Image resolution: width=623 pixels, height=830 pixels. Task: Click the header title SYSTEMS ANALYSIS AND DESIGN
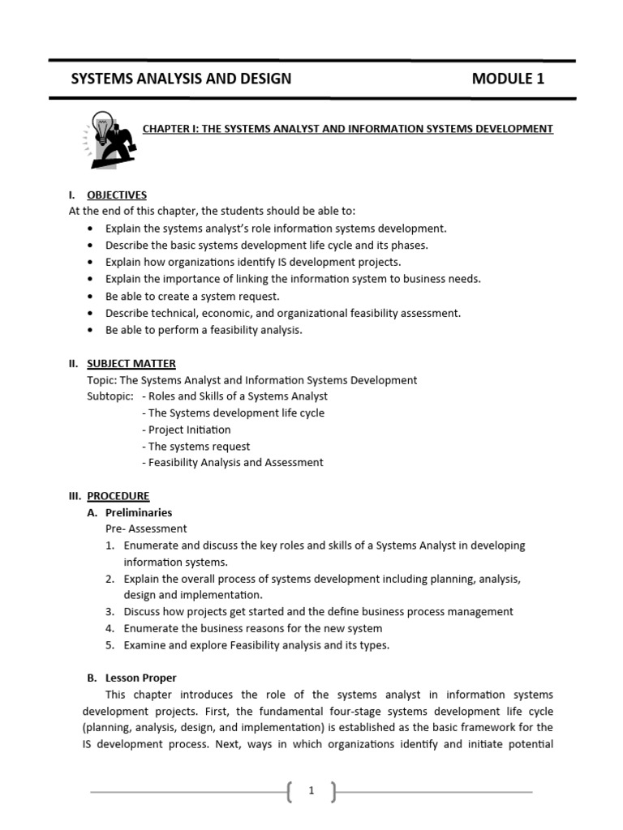click(181, 79)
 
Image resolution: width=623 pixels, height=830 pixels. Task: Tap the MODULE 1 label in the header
click(508, 79)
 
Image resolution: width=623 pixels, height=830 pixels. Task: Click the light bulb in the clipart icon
click(102, 125)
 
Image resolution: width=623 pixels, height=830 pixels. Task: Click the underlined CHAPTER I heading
click(348, 128)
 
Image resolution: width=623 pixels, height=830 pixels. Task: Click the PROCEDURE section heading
click(118, 496)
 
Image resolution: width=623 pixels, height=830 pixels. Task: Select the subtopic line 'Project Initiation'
click(186, 430)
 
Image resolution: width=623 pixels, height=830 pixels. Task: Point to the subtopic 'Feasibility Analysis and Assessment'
click(232, 463)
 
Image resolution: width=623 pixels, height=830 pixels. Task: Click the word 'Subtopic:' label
click(110, 396)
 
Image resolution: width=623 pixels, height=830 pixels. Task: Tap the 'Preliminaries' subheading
click(139, 512)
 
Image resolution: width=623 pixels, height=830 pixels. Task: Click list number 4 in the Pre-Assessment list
click(110, 628)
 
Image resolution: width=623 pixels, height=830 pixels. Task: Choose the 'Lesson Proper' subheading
click(140, 678)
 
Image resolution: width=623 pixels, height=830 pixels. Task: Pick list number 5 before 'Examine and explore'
click(110, 645)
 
